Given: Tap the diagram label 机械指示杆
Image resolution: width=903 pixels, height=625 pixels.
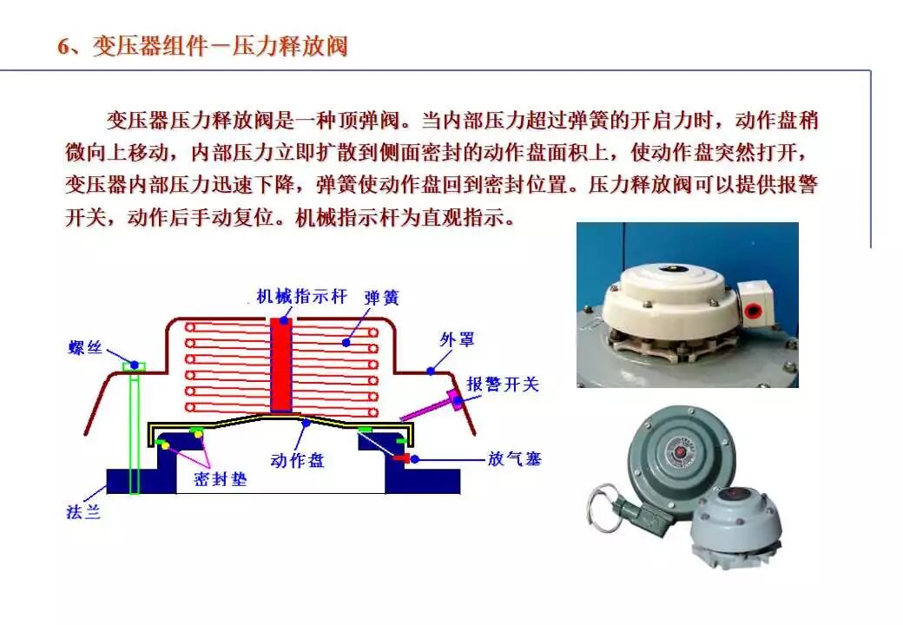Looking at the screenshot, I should point(301,296).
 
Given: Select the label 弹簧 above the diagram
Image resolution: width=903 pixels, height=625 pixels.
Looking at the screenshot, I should point(382,297).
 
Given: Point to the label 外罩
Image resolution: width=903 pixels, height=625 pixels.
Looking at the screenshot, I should point(457,339).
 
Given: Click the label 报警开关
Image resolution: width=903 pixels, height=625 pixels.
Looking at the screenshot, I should point(503,384).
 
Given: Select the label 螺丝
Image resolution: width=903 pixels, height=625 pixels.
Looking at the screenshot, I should point(86,348).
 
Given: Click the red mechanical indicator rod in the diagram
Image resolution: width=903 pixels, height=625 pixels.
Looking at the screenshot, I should point(280,365).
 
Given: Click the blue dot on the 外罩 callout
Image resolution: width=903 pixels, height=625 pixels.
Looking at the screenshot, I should point(430,372).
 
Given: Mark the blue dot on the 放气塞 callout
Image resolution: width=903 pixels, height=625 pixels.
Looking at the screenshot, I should point(415,458).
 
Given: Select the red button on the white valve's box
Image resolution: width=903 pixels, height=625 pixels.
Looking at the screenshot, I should point(751,310).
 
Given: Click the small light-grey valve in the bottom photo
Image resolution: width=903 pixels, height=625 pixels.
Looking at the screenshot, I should point(736,523).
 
